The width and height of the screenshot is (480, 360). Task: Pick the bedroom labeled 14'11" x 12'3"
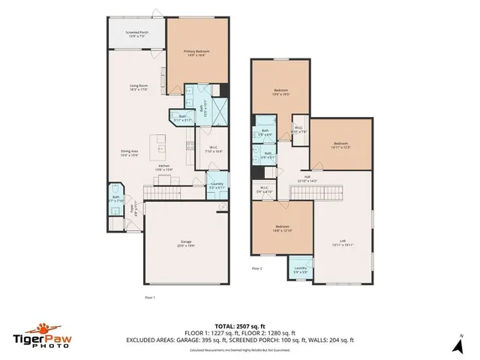click(341, 145)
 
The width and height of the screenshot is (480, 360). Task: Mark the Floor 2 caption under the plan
click(257, 268)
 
